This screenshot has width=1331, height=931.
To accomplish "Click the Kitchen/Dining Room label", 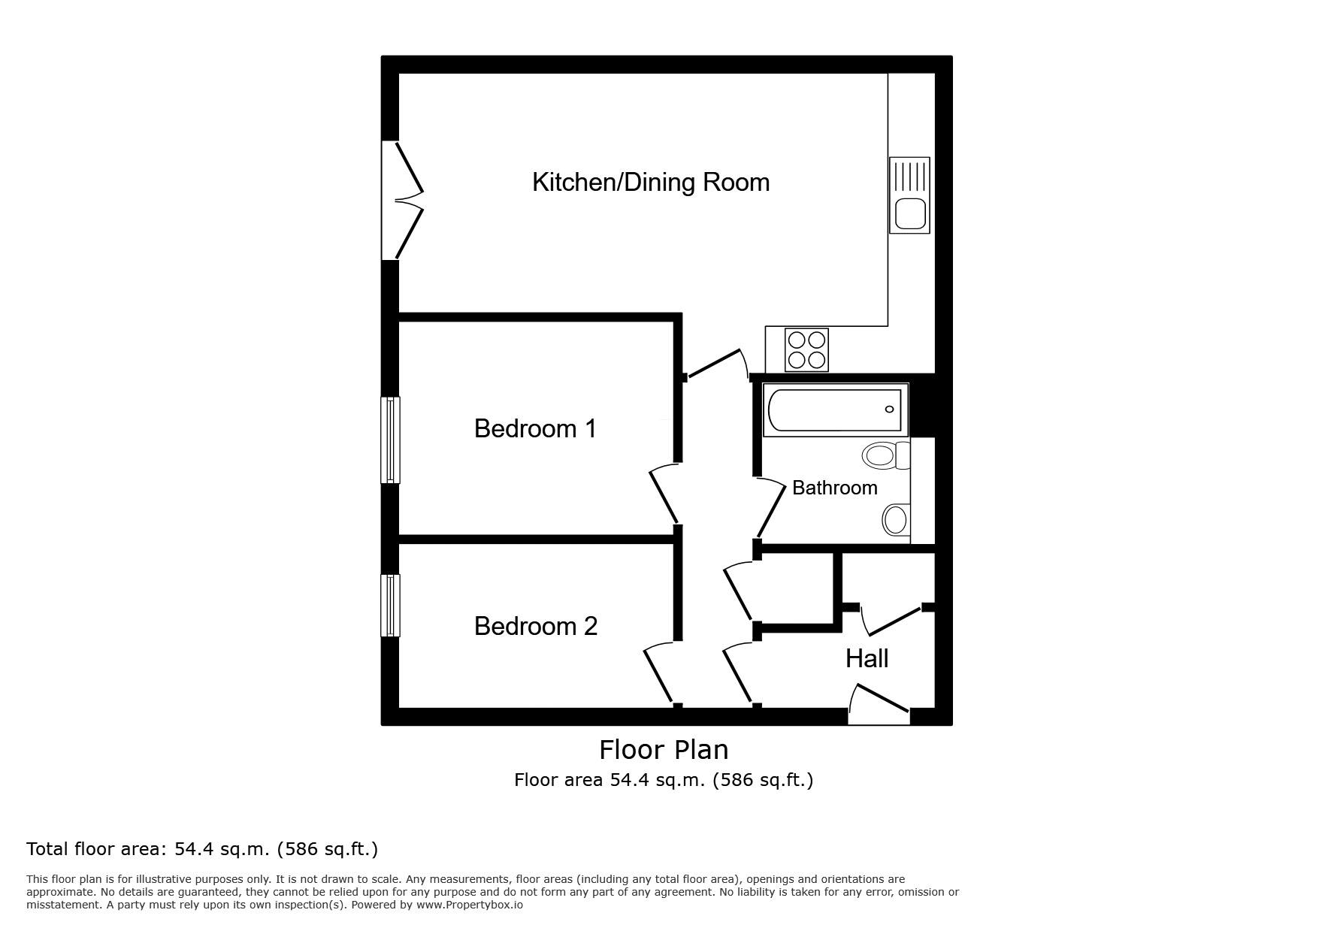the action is click(x=651, y=182).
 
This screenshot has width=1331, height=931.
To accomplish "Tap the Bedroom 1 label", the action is click(x=535, y=428).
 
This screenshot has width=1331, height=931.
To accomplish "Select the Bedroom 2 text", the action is click(x=536, y=626).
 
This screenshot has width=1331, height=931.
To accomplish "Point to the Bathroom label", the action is click(x=835, y=488).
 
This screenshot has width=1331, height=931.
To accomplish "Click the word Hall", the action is click(x=867, y=659).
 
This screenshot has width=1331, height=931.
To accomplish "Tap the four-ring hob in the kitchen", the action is click(x=807, y=349).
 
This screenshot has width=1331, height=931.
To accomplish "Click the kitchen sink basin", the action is click(x=910, y=213).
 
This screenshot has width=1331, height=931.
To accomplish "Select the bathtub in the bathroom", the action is click(x=834, y=410).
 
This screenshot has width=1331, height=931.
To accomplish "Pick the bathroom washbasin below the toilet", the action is click(x=896, y=519).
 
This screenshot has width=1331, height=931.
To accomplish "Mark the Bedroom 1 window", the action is click(x=390, y=440).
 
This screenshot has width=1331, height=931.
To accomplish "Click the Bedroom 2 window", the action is click(x=390, y=606).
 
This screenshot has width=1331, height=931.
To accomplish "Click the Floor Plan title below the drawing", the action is click(x=664, y=749).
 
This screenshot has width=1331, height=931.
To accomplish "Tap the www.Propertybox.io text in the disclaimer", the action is click(x=470, y=905).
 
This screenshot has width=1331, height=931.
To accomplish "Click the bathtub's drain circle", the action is click(x=890, y=410).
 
